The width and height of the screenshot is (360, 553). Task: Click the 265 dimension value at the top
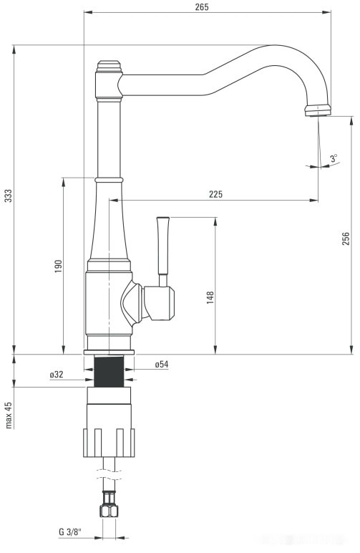pyautogui.click(x=201, y=6)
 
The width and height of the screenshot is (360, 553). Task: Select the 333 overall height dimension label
pyautogui.click(x=8, y=196)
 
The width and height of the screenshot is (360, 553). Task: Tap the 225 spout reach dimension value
pyautogui.click(x=215, y=194)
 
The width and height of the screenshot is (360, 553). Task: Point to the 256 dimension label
pyautogui.click(x=346, y=239)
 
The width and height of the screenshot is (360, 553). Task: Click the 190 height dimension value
pyautogui.click(x=58, y=265)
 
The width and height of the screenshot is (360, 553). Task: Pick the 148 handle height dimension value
pyautogui.click(x=210, y=297)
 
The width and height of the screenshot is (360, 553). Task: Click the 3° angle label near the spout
pyautogui.click(x=334, y=158)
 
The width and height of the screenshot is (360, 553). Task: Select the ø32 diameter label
pyautogui.click(x=57, y=375)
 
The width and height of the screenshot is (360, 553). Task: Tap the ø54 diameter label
pyautogui.click(x=161, y=365)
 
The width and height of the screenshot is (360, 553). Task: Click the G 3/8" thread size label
pyautogui.click(x=71, y=532)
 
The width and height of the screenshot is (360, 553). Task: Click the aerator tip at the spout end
pyautogui.click(x=318, y=110)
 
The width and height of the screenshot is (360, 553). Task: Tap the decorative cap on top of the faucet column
pyautogui.click(x=110, y=67)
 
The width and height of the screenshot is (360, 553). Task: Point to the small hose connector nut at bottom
pyautogui.click(x=110, y=510)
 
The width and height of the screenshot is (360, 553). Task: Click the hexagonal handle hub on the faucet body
pyautogui.click(x=157, y=301)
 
